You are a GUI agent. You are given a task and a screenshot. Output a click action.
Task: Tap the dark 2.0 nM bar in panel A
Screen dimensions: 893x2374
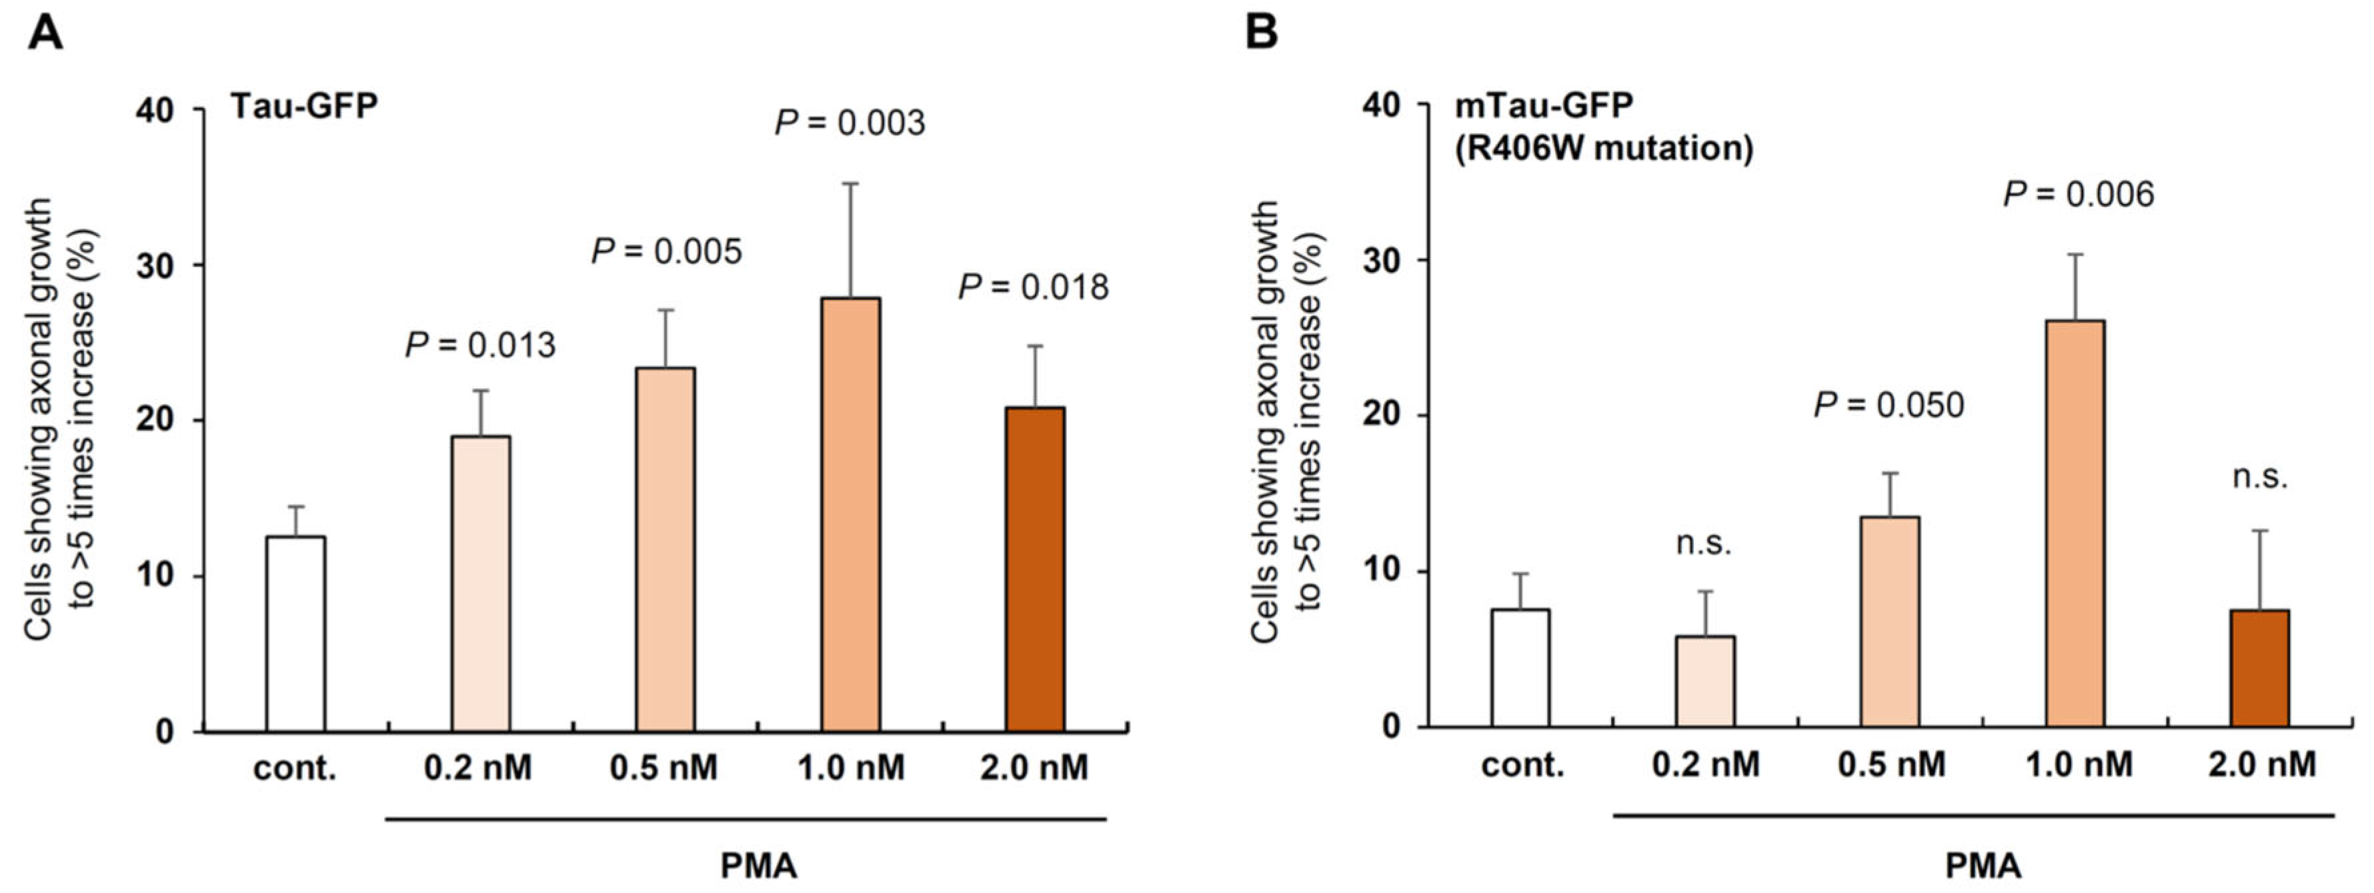pyautogui.click(x=1035, y=569)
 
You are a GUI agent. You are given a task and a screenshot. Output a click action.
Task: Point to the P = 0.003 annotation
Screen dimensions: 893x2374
pyautogui.click(x=849, y=123)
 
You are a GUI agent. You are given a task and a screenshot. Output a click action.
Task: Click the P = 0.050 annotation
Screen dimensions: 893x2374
pyautogui.click(x=1889, y=405)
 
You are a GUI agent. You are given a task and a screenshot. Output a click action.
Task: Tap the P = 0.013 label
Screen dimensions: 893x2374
pyautogui.click(x=480, y=345)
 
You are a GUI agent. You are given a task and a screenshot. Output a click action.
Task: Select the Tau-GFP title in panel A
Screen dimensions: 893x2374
pyautogui.click(x=304, y=106)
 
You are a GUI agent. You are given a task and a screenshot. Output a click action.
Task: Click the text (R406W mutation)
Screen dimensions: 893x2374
pyautogui.click(x=1604, y=147)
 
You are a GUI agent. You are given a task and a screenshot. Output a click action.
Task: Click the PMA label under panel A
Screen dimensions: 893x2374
pyautogui.click(x=758, y=866)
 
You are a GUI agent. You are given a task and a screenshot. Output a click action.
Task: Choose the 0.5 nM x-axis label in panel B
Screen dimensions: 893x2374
pyautogui.click(x=1891, y=764)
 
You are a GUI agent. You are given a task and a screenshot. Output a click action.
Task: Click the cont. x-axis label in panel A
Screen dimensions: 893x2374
pyautogui.click(x=295, y=768)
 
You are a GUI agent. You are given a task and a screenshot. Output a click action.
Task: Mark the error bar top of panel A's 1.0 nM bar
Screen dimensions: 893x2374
pyautogui.click(x=850, y=184)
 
